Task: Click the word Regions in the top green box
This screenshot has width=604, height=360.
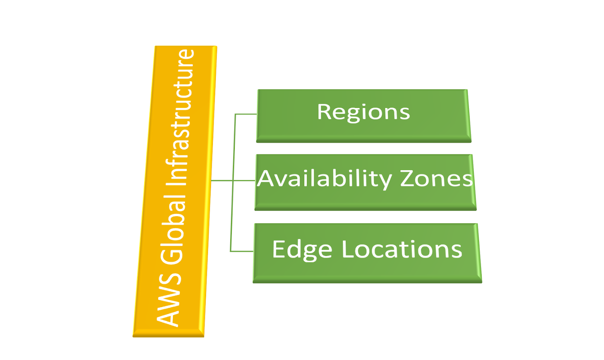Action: [x=363, y=112]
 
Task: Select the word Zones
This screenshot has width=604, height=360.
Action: [x=436, y=178]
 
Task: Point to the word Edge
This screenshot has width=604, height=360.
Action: [x=302, y=249]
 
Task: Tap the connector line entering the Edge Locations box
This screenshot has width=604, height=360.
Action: [x=242, y=251]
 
